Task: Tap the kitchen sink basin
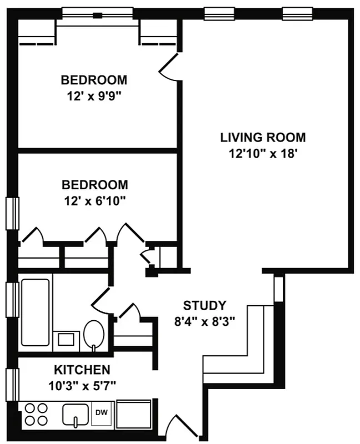tap(75, 414)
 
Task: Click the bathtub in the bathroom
tap(36, 312)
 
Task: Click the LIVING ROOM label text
tap(263, 137)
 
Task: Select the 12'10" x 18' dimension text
tap(263, 153)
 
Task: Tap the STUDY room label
tap(205, 305)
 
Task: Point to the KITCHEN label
tap(82, 370)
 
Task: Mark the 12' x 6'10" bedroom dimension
tap(94, 199)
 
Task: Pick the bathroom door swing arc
tap(102, 300)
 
